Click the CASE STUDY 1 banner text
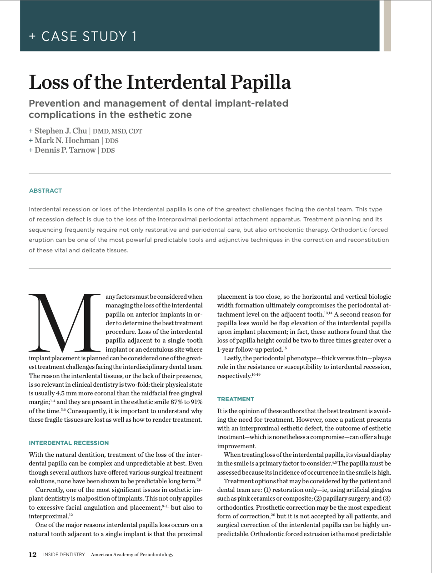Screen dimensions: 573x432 tap(89, 36)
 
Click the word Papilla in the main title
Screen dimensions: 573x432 tap(261, 82)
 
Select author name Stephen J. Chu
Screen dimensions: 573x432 tap(61, 131)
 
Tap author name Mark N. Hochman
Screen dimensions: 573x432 tap(67, 140)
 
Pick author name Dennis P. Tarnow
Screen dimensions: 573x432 tap(65, 150)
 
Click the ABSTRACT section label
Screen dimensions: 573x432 tap(45, 190)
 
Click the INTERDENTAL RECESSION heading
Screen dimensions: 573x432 tap(69, 443)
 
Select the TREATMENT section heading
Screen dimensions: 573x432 tap(236, 399)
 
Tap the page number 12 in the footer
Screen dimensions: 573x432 tap(33, 554)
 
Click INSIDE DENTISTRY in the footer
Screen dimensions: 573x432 tap(64, 555)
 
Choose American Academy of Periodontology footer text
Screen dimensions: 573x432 tap(132, 555)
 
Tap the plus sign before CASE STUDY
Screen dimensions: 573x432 tap(32, 36)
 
